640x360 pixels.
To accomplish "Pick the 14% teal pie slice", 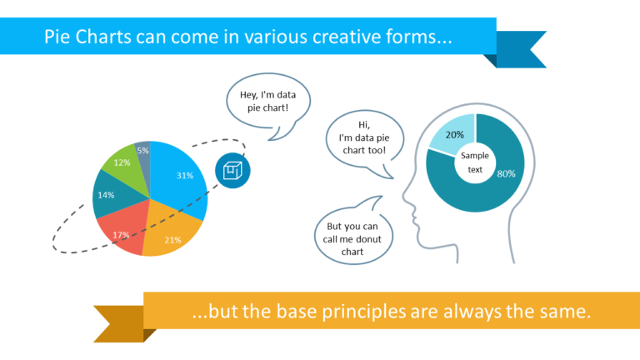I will tap(108, 195).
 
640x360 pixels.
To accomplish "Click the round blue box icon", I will tap(232, 170).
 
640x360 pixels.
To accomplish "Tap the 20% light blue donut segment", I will tap(453, 137).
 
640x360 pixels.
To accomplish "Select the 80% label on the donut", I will tap(506, 174).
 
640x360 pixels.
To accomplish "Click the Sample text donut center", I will tap(475, 162).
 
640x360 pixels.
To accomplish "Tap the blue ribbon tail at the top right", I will tap(522, 48).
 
